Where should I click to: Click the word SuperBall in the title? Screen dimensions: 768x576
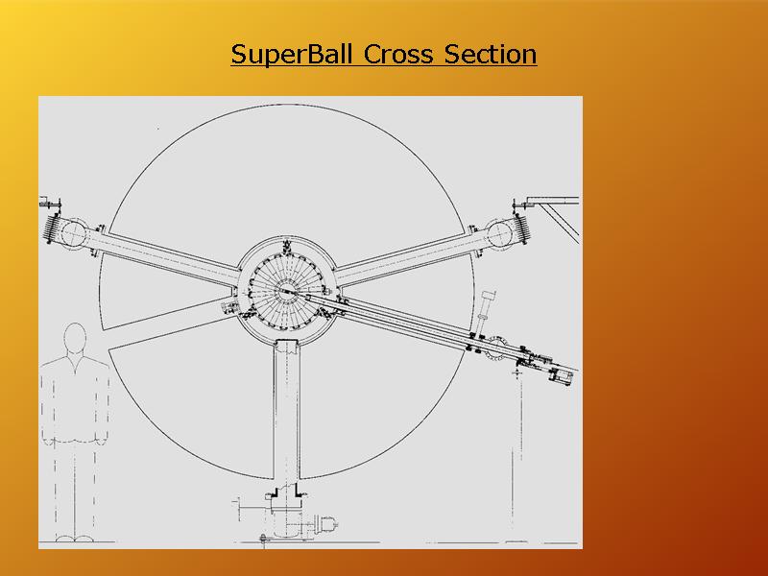tap(292, 55)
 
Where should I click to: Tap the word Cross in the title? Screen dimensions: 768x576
tap(398, 54)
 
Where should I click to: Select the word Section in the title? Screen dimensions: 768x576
tap(491, 54)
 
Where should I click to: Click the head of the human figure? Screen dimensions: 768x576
tap(76, 337)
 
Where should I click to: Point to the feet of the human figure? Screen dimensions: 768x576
tap(74, 539)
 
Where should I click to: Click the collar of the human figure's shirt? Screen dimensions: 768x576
tap(76, 361)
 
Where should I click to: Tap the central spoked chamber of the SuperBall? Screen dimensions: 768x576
tap(286, 292)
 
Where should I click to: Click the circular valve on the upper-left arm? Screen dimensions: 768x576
tap(74, 233)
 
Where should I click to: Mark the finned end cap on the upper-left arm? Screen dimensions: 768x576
tap(52, 228)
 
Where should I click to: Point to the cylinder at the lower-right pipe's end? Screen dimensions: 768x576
tap(562, 376)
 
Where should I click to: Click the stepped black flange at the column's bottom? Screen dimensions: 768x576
tap(286, 491)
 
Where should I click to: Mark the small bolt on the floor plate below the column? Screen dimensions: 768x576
tap(264, 540)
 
